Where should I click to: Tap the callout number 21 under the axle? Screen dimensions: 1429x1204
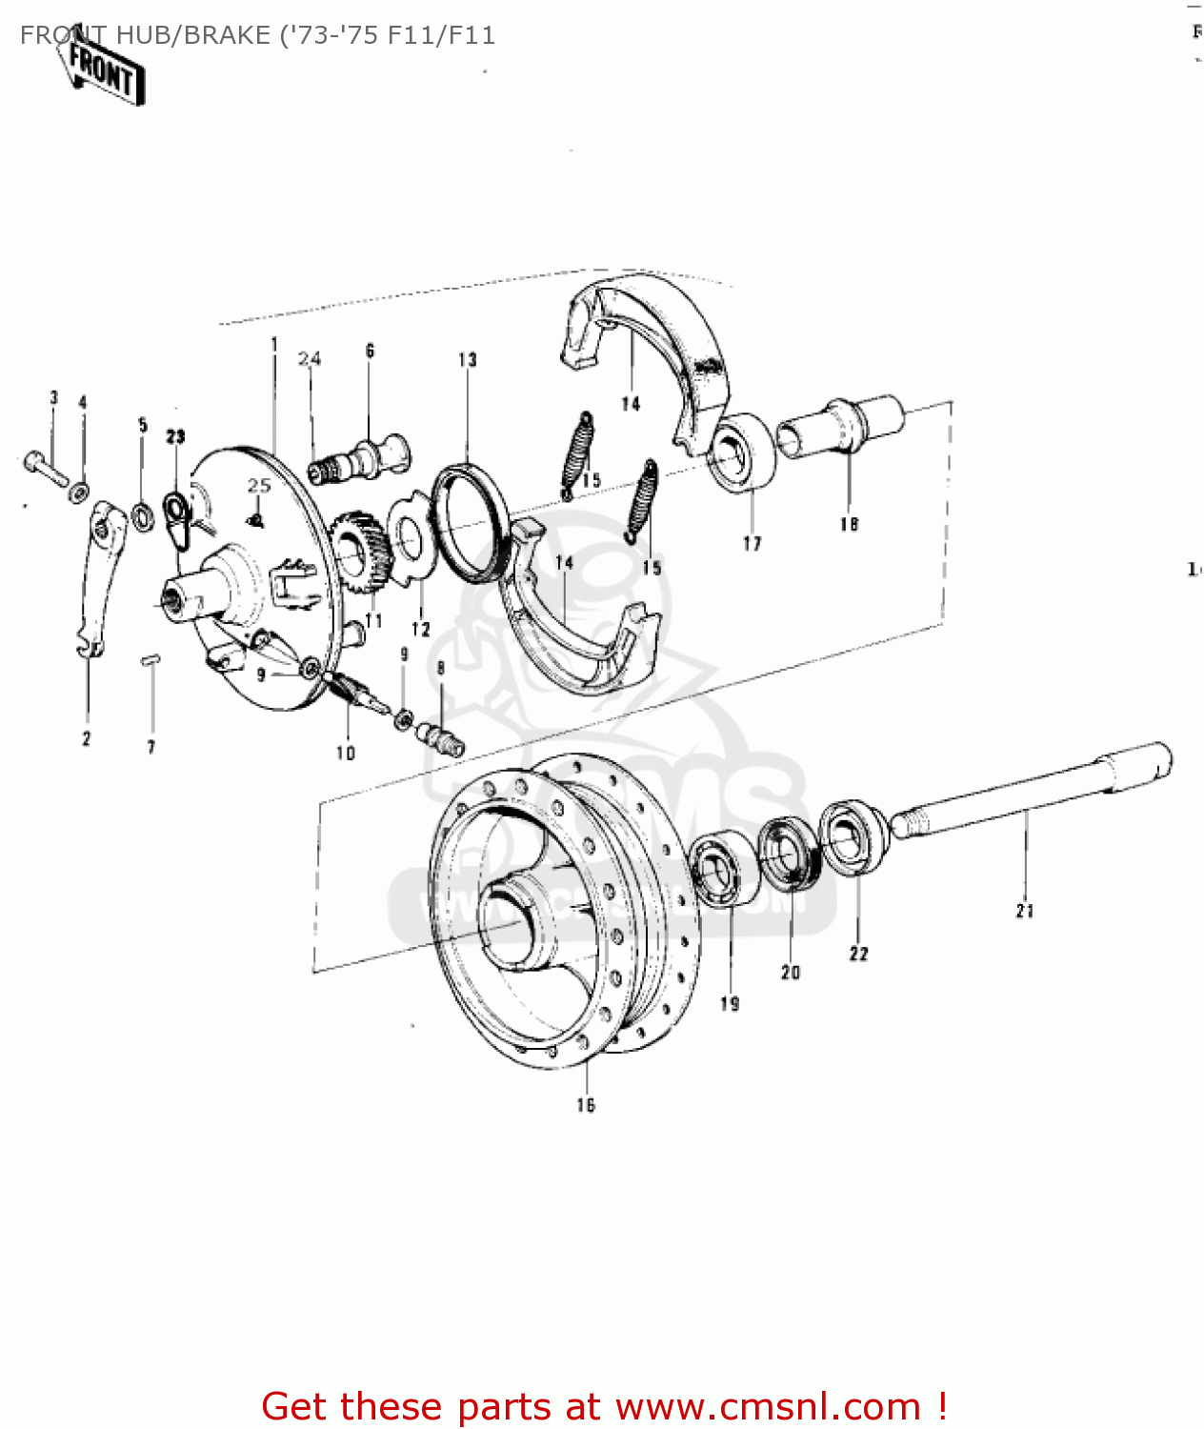click(x=1025, y=911)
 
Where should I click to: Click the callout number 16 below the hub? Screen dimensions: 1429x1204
click(x=586, y=1105)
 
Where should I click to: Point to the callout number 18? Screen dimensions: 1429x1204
click(x=849, y=524)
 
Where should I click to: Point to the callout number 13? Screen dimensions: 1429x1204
click(x=467, y=359)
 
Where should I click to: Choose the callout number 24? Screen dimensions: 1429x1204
click(x=310, y=359)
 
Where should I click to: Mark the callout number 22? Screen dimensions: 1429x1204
click(x=858, y=954)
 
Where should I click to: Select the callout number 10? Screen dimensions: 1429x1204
click(x=345, y=753)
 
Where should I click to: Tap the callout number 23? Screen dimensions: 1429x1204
click(x=175, y=436)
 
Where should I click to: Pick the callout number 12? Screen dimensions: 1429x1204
click(x=421, y=630)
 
